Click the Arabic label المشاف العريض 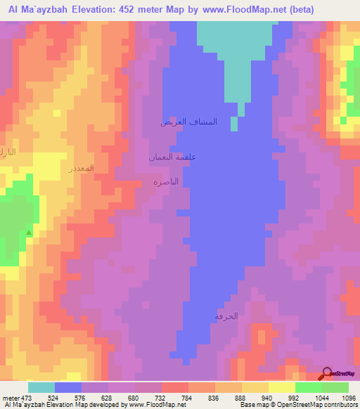pos(188,122)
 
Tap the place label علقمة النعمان pos(172,157)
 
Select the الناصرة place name pos(166,181)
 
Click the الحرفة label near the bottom pos(226,316)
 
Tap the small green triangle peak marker pos(29,232)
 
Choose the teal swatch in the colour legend pos(41,387)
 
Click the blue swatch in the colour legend pos(67,387)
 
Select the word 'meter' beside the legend pos(10,397)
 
